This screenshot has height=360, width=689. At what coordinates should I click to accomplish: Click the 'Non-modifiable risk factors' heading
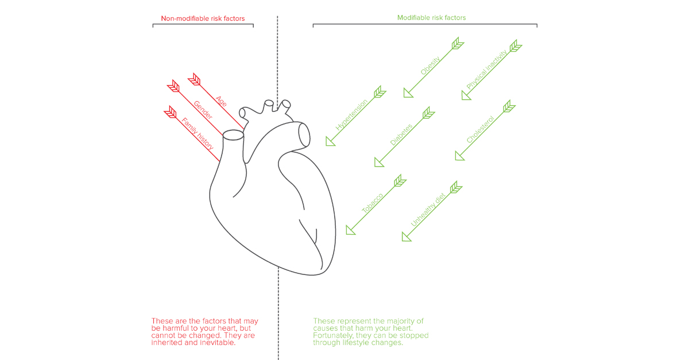pyautogui.click(x=203, y=18)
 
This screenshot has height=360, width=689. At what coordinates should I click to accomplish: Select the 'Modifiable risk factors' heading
pyautogui.click(x=431, y=18)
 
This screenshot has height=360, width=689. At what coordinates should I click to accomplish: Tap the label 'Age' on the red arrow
pyautogui.click(x=220, y=100)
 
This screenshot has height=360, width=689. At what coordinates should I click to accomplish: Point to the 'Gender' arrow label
pyautogui.click(x=203, y=110)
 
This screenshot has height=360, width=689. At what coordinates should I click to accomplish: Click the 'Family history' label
pyautogui.click(x=198, y=134)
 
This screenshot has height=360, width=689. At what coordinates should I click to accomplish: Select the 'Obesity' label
pyautogui.click(x=430, y=66)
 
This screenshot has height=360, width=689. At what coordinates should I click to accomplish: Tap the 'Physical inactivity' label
pyautogui.click(x=487, y=70)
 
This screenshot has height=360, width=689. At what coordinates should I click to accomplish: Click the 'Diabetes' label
pyautogui.click(x=401, y=134)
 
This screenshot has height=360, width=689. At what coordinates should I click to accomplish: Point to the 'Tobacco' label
pyautogui.click(x=372, y=204)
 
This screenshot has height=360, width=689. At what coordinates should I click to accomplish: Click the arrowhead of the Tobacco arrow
pyautogui.click(x=350, y=230)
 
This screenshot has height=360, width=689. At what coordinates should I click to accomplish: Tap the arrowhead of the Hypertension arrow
pyautogui.click(x=330, y=141)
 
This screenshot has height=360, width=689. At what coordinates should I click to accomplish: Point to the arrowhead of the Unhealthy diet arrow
pyautogui.click(x=406, y=236)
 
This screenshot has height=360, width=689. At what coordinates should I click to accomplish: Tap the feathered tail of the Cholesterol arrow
pyautogui.click(x=508, y=106)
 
